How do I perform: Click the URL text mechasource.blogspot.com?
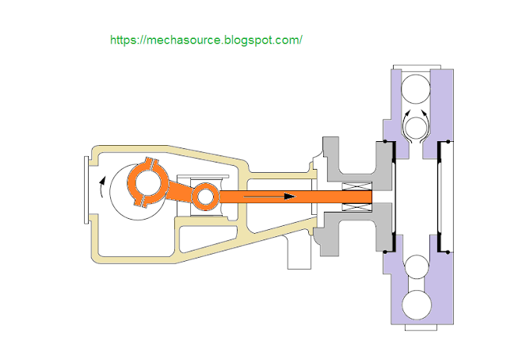click(206, 39)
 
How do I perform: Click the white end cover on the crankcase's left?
click(85, 191)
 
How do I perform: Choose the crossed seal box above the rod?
click(355, 187)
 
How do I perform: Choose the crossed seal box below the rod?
click(355, 205)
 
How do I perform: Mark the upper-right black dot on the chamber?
click(448, 143)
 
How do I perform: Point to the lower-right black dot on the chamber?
click(448, 251)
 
